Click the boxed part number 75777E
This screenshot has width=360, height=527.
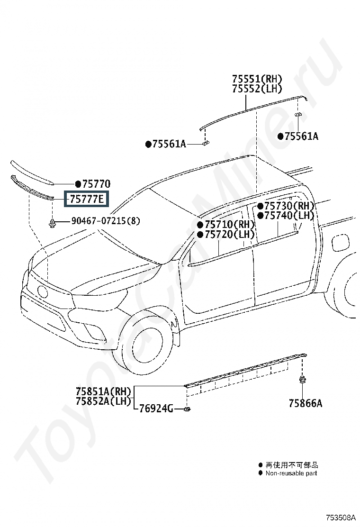pos(87,200)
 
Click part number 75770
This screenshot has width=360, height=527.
pos(96,183)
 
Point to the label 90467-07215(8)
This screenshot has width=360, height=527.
pos(106,221)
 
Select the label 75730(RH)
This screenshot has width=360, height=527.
pos(289,206)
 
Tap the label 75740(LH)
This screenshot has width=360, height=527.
pos(289,216)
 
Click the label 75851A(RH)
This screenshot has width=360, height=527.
pos(103,391)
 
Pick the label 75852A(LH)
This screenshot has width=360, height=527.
pos(103,401)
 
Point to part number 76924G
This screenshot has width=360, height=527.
pos(156,409)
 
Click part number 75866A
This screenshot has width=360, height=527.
pos(306,403)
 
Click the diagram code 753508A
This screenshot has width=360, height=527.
pos(340,517)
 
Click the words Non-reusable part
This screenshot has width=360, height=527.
pos(291,473)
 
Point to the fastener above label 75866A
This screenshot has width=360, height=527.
pos(302,379)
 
